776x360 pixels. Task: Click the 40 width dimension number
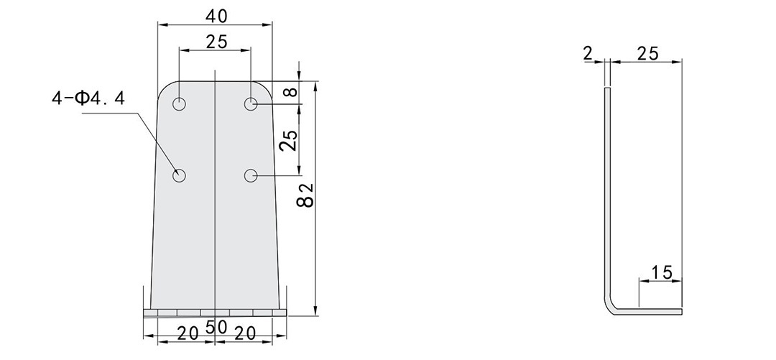click(x=215, y=14)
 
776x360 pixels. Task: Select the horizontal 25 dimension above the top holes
click(x=216, y=42)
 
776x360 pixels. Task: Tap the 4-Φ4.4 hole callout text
click(x=88, y=98)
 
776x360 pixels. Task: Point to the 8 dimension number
click(x=290, y=92)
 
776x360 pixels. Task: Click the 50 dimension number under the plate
click(x=216, y=328)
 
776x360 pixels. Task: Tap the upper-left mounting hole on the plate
click(x=179, y=104)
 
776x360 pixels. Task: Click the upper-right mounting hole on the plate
click(x=251, y=104)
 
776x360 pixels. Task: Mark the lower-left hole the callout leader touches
click(x=179, y=175)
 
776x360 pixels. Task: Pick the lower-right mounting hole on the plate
click(x=251, y=175)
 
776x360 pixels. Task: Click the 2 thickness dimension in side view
click(x=588, y=53)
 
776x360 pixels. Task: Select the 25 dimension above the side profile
click(x=647, y=53)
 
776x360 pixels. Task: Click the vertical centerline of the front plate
click(x=215, y=216)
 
